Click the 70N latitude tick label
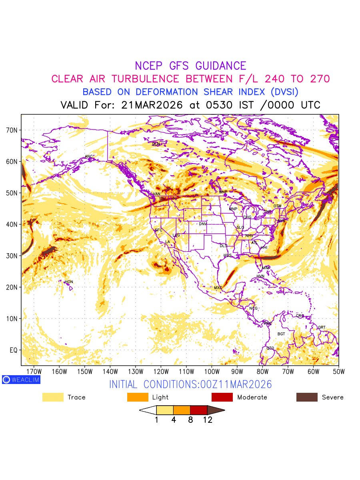coord(11,130)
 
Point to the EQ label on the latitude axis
coord(13,350)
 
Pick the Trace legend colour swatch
coord(53,397)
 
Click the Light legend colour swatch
coord(138,397)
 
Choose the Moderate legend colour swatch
coord(222,397)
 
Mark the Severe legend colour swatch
coord(307,397)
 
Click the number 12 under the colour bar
coord(208,420)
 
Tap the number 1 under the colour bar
coord(156,420)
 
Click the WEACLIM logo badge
coord(21,380)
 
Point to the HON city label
coord(69,282)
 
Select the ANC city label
coord(89,156)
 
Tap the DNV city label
coord(203,224)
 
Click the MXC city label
coord(218,288)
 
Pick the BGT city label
coord(282,334)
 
